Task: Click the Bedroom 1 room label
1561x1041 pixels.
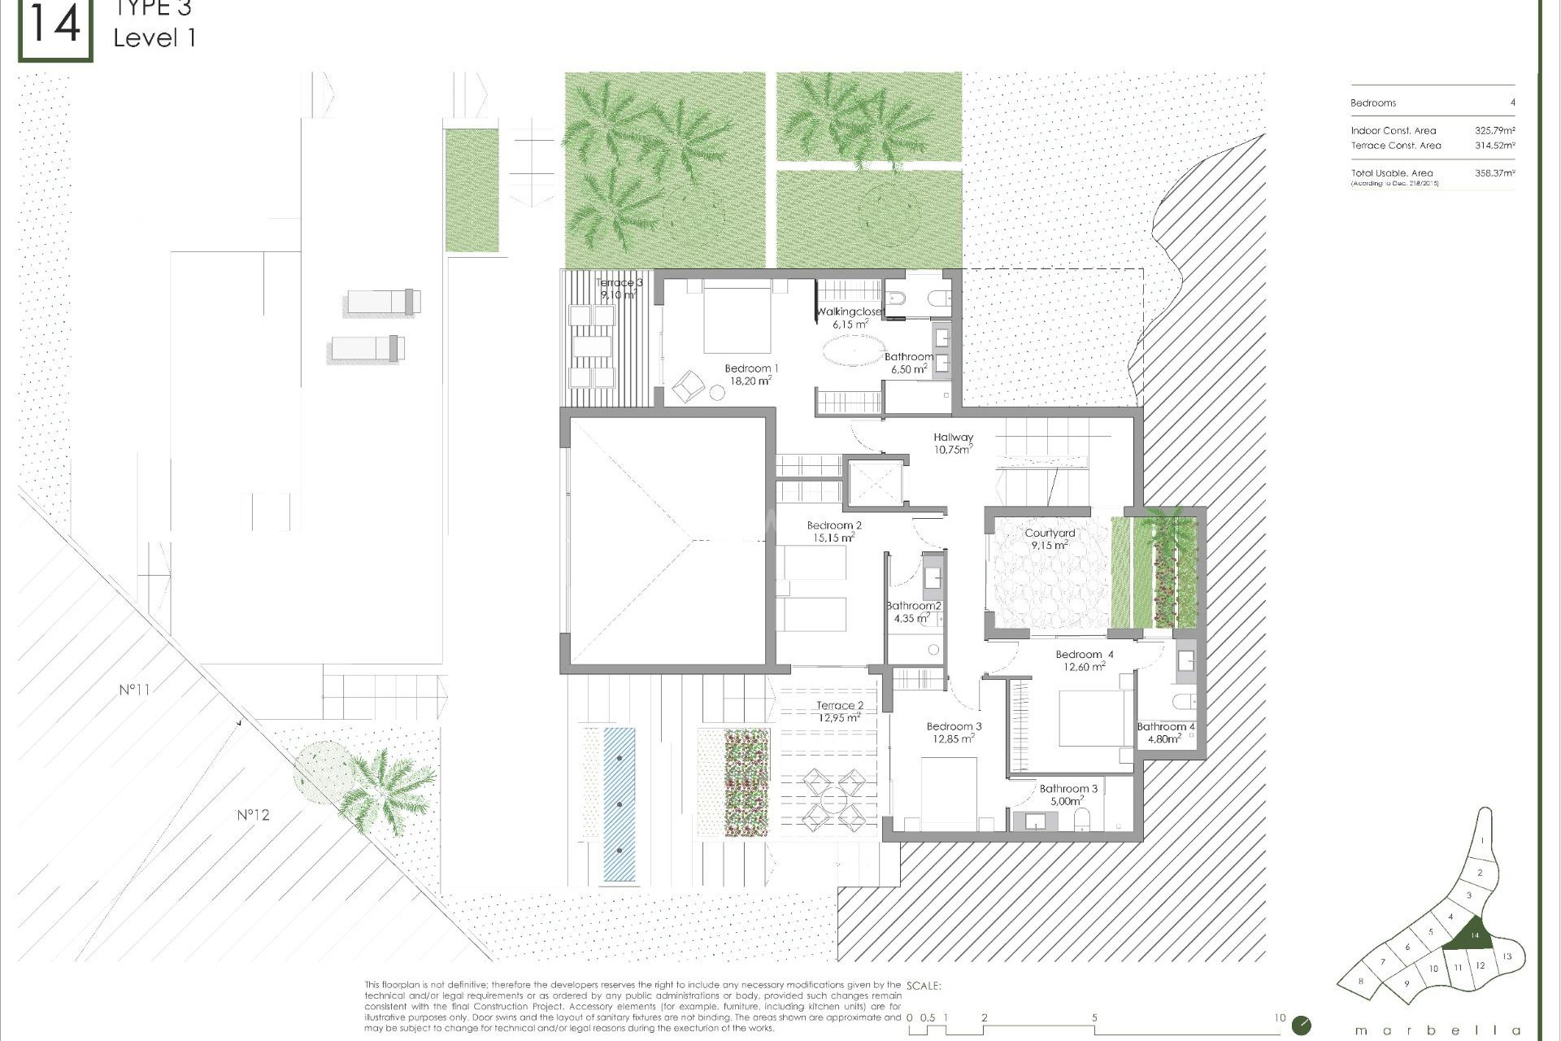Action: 750,369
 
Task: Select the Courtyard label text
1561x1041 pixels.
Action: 1050,534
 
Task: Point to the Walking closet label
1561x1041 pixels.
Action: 849,312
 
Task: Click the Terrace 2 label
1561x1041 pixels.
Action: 840,706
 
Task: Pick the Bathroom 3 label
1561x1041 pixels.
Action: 1068,789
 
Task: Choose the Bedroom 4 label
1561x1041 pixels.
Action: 1085,655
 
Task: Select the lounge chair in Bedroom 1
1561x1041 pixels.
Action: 688,385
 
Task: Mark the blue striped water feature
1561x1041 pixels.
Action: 620,804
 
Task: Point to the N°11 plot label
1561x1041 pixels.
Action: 134,690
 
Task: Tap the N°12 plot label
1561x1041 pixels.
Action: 253,815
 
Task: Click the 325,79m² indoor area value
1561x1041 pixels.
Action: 1494,130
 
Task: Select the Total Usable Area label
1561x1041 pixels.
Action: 1391,173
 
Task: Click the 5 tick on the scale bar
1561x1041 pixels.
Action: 1094,1017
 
